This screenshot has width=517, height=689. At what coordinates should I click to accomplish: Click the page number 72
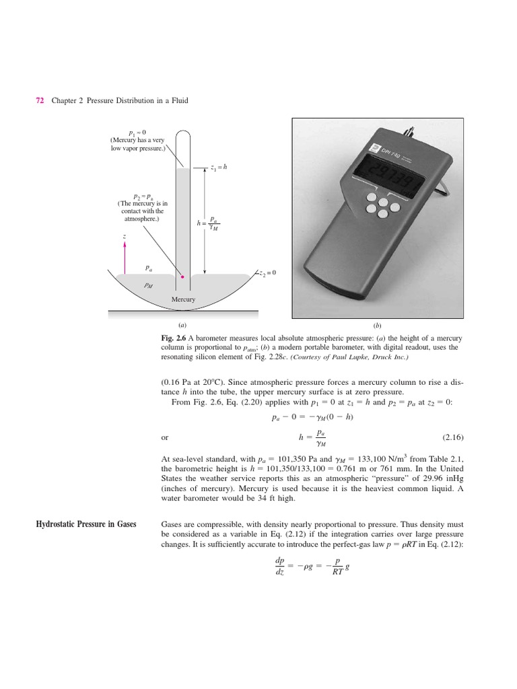tap(39, 100)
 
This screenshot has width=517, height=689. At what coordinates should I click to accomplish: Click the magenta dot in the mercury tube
tap(182, 276)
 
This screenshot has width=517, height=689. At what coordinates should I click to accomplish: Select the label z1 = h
tap(219, 167)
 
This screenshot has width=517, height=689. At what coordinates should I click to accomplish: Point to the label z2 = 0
tap(267, 273)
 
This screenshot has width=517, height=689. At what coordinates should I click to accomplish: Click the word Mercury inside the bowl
tap(183, 299)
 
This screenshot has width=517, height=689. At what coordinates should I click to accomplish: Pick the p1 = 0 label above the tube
tap(137, 132)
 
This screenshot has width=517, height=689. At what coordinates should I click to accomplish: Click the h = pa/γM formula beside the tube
tap(209, 223)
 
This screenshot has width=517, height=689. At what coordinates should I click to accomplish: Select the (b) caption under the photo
tap(377, 324)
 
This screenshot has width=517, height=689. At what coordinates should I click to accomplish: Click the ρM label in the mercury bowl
tap(149, 285)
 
